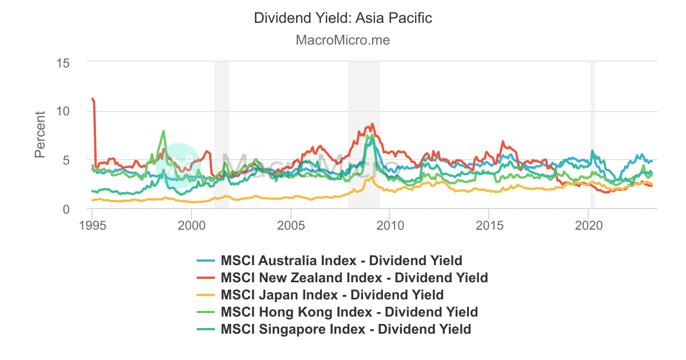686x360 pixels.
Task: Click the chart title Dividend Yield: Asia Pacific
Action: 343,18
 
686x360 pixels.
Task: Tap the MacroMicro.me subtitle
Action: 343,41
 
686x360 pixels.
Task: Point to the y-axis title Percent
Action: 41,134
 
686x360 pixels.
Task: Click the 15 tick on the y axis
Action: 63,62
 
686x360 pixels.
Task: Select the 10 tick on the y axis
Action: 63,111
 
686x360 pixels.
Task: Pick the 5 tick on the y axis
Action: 66,160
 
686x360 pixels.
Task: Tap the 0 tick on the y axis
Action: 66,209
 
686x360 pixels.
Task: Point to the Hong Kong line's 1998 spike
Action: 164,131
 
